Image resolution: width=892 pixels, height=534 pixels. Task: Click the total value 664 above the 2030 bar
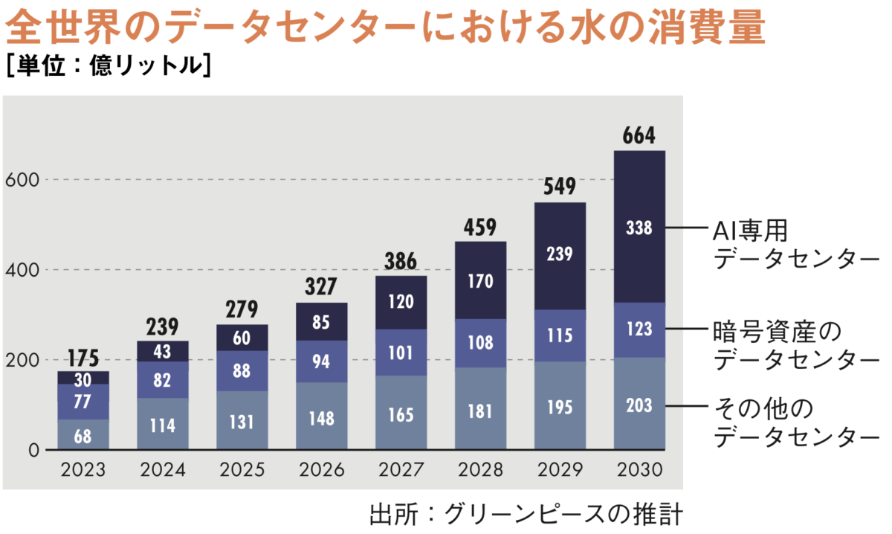639,137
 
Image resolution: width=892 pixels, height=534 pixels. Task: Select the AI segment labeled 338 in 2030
639,228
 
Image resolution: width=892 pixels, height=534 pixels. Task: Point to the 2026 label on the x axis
321,470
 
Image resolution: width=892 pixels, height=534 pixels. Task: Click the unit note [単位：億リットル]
109,65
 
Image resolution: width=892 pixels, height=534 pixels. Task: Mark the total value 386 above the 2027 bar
401,261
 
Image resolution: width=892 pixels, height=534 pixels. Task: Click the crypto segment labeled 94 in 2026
321,361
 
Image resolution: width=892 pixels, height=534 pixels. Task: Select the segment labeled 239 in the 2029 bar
560,254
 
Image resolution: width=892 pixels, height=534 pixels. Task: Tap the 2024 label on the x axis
163,470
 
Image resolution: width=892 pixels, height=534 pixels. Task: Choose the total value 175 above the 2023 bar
83,357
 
